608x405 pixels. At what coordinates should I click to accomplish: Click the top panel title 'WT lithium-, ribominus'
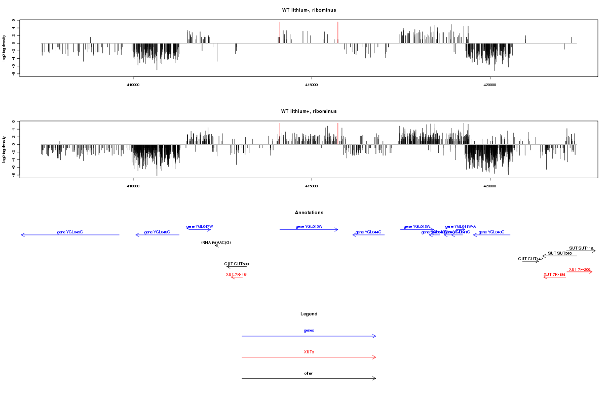309,10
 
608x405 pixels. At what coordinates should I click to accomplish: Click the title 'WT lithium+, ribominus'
309,111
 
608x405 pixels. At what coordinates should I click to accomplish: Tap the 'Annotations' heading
309,213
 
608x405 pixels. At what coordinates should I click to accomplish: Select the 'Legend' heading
309,314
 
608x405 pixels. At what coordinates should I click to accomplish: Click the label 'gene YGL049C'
70,232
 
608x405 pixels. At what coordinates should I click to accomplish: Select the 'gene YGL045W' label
309,226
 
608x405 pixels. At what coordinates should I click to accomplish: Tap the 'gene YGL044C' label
368,232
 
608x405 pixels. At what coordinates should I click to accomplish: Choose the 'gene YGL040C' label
491,232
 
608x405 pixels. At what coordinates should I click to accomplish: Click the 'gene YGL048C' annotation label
157,232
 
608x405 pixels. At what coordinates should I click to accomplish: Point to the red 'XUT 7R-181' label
237,274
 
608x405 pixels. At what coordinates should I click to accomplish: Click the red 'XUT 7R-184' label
554,274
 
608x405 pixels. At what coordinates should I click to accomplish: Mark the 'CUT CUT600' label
237,264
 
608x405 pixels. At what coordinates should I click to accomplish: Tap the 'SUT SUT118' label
581,248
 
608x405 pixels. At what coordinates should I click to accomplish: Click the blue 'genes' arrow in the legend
309,336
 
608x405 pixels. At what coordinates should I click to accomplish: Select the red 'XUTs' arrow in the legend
309,357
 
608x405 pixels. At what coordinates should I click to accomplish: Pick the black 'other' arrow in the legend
309,379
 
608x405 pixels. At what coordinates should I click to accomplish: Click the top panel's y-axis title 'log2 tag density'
5,48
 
